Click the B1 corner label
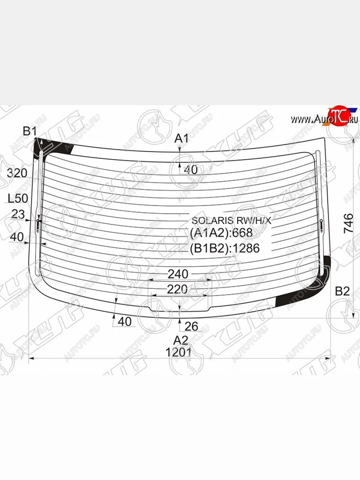[x=30, y=131]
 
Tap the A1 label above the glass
[x=182, y=138]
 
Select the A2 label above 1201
[x=180, y=340]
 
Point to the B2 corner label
[x=342, y=292]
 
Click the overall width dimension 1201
[x=178, y=352]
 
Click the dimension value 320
[x=17, y=173]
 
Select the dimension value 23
[x=18, y=214]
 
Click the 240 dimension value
[x=178, y=274]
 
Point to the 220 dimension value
[x=177, y=289]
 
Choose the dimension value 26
[x=192, y=326]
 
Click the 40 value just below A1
[x=191, y=170]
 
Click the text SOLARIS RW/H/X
[x=231, y=220]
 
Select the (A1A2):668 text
[x=221, y=233]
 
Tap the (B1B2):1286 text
[x=225, y=248]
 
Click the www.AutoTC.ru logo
[x=324, y=119]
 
